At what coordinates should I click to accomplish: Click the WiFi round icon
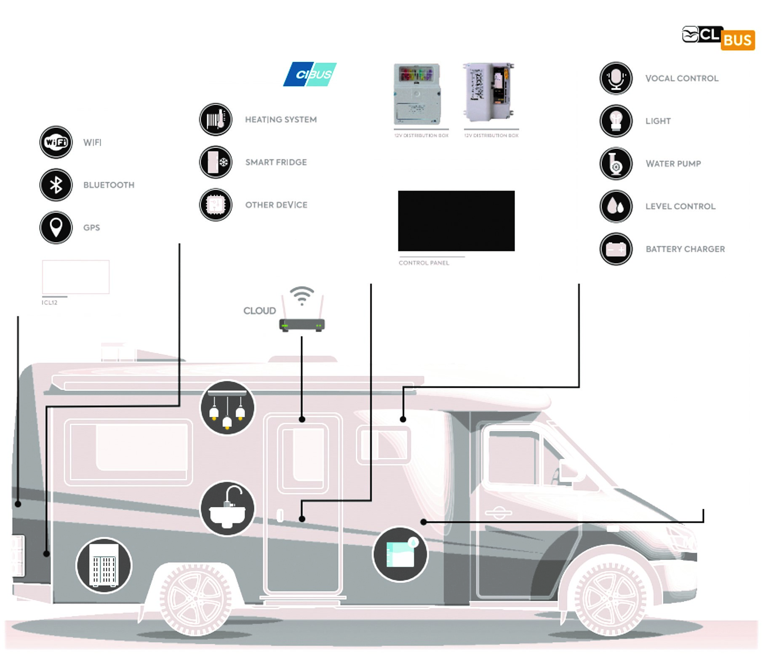(x=56, y=142)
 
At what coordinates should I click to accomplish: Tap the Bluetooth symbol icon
(x=56, y=185)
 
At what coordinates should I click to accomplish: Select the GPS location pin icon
(x=56, y=227)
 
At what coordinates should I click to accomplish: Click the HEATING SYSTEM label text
(x=281, y=120)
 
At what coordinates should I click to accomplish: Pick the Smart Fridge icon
(x=216, y=162)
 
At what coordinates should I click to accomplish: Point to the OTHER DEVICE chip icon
(x=216, y=205)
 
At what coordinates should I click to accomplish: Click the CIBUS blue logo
(x=310, y=75)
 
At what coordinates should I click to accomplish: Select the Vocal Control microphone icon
(x=616, y=78)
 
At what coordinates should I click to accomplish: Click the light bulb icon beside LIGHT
(x=616, y=121)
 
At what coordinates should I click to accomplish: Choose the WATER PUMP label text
(x=673, y=164)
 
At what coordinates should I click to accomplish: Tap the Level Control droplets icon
(x=616, y=206)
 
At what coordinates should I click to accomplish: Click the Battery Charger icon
(x=616, y=249)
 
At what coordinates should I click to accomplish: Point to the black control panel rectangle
(x=456, y=221)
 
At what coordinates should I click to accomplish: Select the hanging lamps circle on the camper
(x=227, y=408)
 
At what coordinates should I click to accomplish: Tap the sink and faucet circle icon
(x=227, y=509)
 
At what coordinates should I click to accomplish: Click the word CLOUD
(x=259, y=311)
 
